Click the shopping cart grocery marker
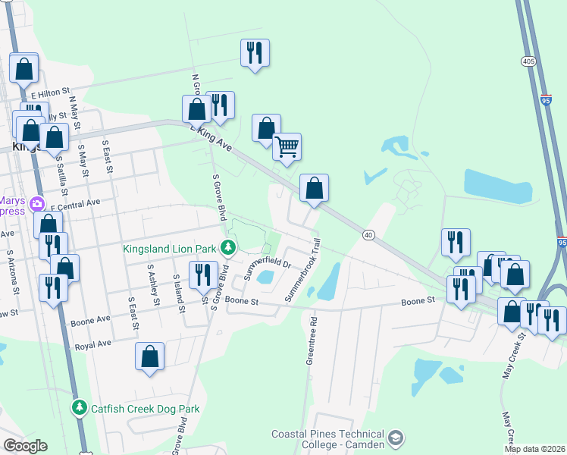(x=287, y=147)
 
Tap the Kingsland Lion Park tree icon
(x=227, y=246)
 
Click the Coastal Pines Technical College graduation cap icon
(x=396, y=438)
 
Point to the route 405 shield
(x=527, y=60)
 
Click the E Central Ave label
(x=75, y=203)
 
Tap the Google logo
(x=25, y=446)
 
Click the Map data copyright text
(x=534, y=449)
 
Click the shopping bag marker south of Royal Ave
(x=150, y=356)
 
